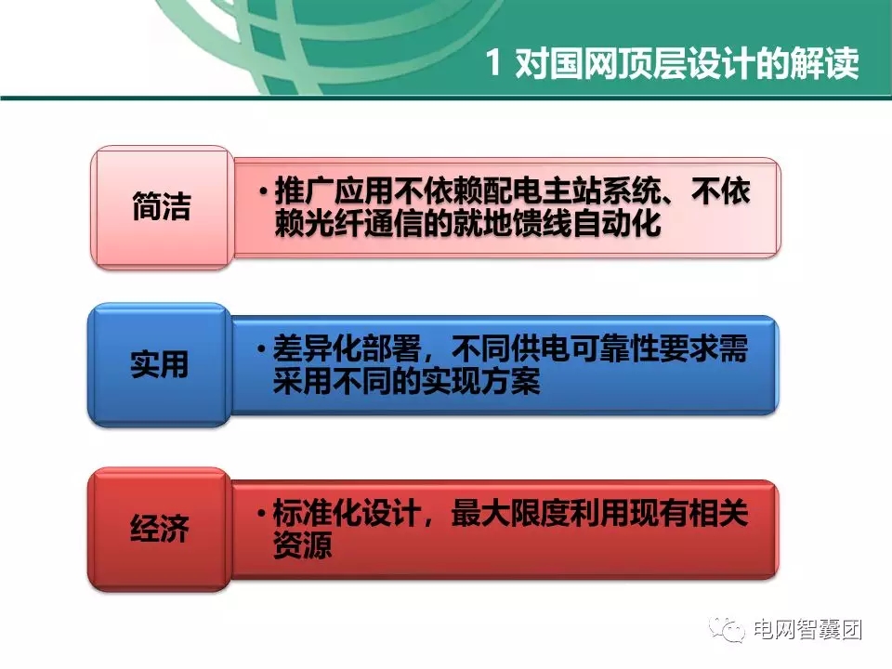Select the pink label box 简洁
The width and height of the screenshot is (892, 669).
click(161, 207)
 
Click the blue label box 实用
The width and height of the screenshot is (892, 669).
click(159, 364)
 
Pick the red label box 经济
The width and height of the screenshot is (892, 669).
click(159, 529)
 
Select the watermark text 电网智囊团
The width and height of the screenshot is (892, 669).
click(807, 630)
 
